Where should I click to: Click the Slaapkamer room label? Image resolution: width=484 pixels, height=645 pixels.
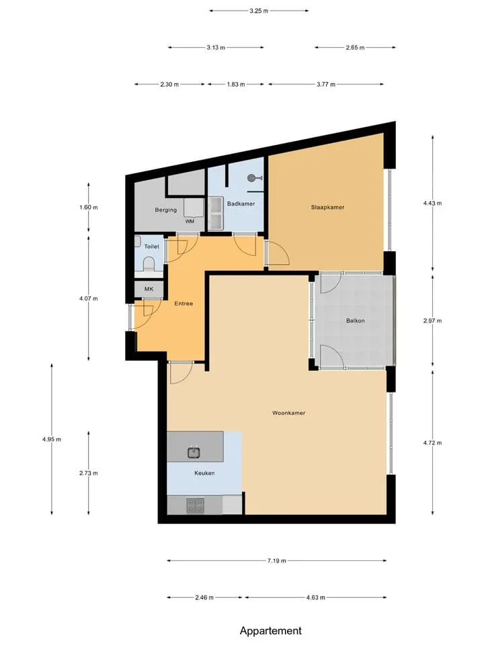click(x=327, y=208)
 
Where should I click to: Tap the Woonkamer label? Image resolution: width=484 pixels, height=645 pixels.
click(x=288, y=413)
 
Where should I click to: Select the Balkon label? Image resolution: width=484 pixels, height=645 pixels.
click(x=355, y=320)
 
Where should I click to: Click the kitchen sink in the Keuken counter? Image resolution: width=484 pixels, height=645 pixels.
click(x=194, y=452)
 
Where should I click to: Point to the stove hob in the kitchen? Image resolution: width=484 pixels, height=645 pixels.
click(x=196, y=505)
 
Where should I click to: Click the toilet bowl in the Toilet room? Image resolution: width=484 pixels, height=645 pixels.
click(x=148, y=264)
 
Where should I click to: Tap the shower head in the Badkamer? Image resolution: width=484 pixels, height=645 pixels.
click(x=254, y=177)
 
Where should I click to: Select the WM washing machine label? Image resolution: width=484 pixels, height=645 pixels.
click(x=190, y=221)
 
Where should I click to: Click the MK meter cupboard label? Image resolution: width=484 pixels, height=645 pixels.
click(x=149, y=289)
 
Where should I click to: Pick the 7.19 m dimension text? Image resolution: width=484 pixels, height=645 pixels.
click(x=276, y=560)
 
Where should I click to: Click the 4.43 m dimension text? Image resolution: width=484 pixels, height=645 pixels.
click(x=432, y=203)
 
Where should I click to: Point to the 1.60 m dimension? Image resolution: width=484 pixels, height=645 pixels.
click(x=89, y=208)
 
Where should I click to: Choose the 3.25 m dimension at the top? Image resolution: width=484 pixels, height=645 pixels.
click(x=259, y=11)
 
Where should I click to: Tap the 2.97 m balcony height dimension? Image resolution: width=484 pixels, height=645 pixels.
click(x=432, y=321)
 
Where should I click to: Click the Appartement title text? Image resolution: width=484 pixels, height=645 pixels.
click(x=271, y=631)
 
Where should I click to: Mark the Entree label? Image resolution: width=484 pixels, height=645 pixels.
click(x=184, y=304)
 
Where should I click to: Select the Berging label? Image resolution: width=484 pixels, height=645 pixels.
click(x=166, y=210)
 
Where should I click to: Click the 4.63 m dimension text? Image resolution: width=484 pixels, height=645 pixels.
click(x=316, y=598)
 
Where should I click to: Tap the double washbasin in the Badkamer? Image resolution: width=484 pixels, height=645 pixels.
click(x=216, y=214)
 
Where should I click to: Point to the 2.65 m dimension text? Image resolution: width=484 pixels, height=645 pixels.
click(x=355, y=48)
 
